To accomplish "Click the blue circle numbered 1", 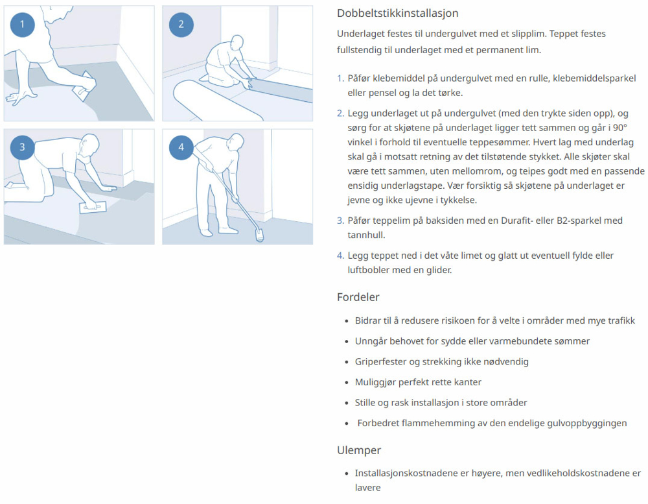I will click(x=22, y=25).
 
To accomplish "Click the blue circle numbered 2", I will click(x=181, y=25).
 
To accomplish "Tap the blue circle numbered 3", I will click(x=22, y=147).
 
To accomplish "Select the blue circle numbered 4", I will click(x=181, y=147).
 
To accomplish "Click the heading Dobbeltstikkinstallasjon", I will click(x=398, y=13).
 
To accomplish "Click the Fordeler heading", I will click(x=358, y=297).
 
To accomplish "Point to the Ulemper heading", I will click(x=358, y=450).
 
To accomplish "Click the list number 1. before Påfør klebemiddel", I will click(x=340, y=78).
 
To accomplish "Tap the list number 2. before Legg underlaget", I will click(x=340, y=114).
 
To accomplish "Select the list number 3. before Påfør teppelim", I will click(x=340, y=221).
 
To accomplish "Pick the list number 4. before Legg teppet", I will click(x=340, y=256).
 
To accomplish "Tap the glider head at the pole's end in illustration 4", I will click(x=260, y=234).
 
